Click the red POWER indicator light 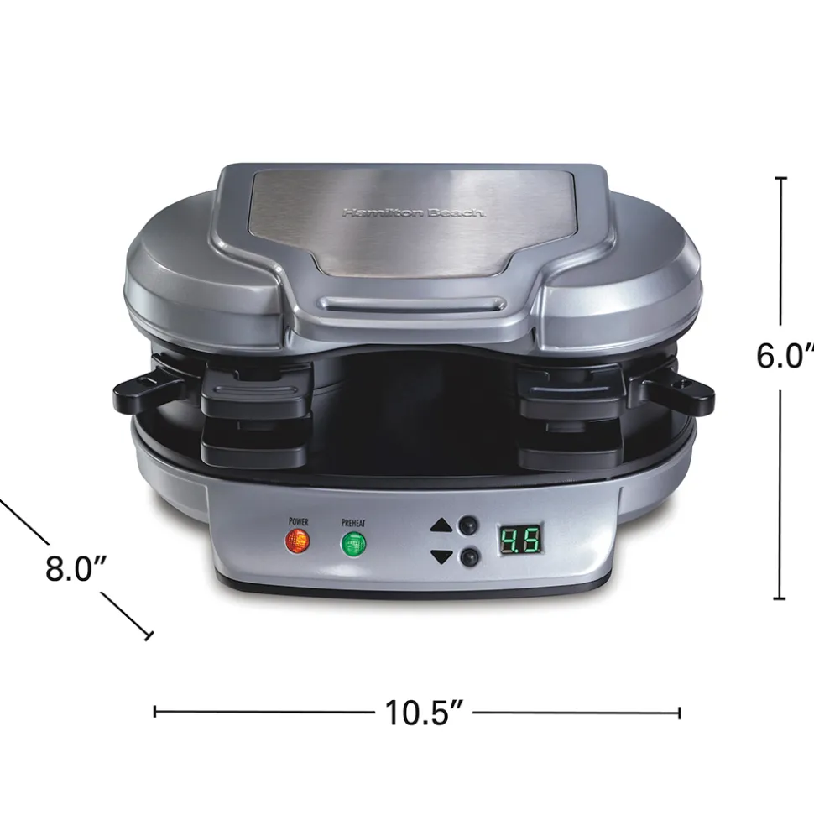pyautogui.click(x=297, y=541)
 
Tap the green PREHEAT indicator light pyautogui.click(x=353, y=544)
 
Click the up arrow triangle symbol pyautogui.click(x=441, y=526)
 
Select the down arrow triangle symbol pyautogui.click(x=441, y=556)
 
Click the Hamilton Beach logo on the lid pyautogui.click(x=413, y=213)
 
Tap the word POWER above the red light pyautogui.click(x=298, y=521)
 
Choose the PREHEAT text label pyautogui.click(x=353, y=522)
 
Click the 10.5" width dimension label pyautogui.click(x=425, y=713)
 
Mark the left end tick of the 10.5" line pyautogui.click(x=155, y=713)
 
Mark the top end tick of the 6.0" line pyautogui.click(x=781, y=179)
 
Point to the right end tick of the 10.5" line pyautogui.click(x=679, y=713)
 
